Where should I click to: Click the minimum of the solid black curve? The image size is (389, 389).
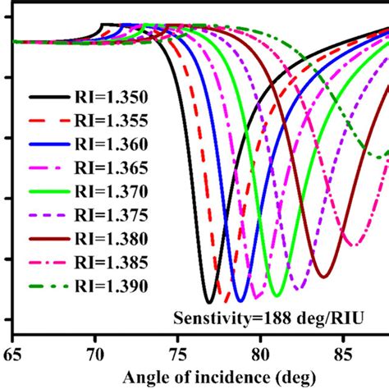click(210, 302)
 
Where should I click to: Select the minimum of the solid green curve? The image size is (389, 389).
click(277, 295)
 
